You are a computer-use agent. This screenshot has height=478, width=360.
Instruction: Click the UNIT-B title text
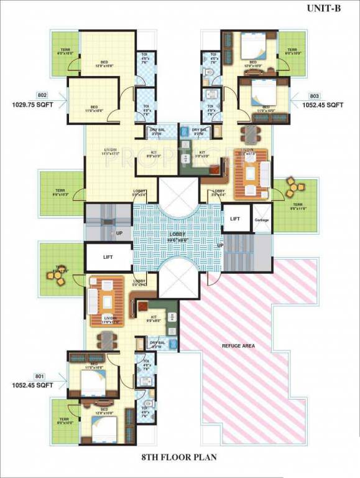[x=323, y=9]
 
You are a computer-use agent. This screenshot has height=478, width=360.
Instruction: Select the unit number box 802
[x=24, y=95]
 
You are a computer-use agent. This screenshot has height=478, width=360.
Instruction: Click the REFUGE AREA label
[x=238, y=345]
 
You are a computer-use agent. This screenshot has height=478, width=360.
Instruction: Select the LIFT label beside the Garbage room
[x=235, y=219]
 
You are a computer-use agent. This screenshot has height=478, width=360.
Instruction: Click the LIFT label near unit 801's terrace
[x=107, y=255]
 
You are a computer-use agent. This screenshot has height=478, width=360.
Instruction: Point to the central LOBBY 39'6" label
[x=179, y=237]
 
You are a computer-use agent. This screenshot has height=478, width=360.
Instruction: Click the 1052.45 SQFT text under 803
[x=326, y=105]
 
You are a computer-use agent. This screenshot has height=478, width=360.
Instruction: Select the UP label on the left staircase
[x=118, y=233]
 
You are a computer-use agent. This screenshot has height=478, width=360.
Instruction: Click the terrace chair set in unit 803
[x=292, y=187]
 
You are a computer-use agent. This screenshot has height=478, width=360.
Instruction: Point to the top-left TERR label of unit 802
[x=65, y=51]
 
